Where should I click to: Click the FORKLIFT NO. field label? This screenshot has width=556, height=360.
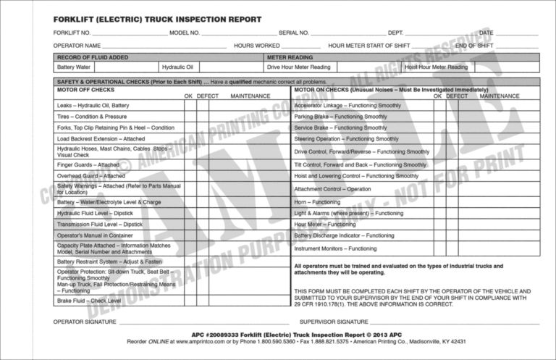72,33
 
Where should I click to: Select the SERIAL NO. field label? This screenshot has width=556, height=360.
294,33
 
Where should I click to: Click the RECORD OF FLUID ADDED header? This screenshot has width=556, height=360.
93,56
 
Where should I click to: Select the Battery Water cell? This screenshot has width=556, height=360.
74,67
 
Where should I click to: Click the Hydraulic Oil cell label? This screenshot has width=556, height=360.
177,67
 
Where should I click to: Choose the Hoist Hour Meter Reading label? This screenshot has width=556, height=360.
436,67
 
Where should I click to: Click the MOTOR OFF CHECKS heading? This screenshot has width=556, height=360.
85,90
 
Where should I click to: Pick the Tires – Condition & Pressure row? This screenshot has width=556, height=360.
92,117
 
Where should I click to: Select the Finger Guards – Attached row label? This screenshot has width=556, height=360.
88,164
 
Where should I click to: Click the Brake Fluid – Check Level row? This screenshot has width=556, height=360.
89,300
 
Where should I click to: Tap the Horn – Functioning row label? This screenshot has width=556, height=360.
316,202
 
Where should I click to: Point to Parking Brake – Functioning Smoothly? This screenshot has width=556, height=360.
340,117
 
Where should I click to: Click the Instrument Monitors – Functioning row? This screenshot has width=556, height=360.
335,248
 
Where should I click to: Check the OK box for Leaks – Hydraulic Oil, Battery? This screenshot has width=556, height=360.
189,105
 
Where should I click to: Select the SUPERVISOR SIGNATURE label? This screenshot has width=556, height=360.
334,320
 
